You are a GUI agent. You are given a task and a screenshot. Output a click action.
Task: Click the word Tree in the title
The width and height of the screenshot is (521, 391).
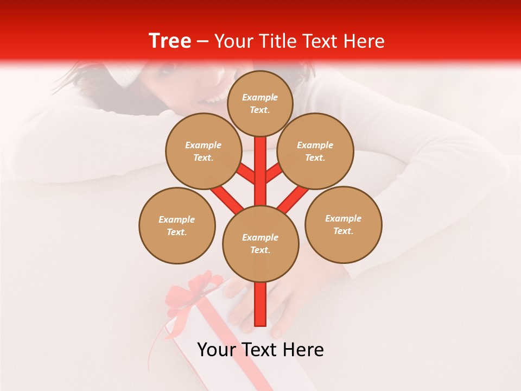170,41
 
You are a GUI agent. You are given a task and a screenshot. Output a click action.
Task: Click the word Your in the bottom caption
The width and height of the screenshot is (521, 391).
217,350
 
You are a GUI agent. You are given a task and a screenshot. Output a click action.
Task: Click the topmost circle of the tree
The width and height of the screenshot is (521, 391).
260,103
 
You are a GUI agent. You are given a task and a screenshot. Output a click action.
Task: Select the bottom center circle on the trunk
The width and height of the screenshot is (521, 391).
260,244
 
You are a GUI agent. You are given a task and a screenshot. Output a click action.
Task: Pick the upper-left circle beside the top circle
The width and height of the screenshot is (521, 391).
203,152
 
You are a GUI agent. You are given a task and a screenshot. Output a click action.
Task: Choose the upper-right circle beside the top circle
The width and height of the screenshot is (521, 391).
315,152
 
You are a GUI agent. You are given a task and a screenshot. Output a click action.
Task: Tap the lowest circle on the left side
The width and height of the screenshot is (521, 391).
177,226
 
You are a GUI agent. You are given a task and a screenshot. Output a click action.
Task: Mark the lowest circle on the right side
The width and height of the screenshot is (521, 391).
344,225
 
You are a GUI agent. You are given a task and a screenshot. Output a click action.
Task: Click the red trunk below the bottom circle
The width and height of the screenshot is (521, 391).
260,304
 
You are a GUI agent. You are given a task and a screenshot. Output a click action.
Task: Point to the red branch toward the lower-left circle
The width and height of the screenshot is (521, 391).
227,199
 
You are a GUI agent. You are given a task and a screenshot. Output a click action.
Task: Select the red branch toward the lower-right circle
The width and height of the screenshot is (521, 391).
294,199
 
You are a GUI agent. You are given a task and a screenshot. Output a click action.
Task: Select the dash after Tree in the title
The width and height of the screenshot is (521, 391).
202,42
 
